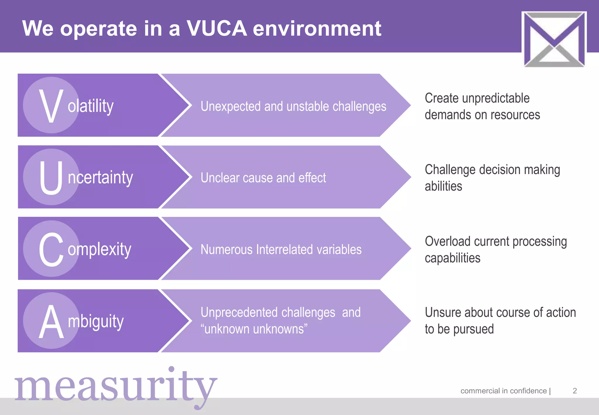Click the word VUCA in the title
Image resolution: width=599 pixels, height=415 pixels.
[217, 29]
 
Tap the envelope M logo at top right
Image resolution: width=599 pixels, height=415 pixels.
[554, 39]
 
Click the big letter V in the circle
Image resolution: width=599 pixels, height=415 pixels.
[51, 106]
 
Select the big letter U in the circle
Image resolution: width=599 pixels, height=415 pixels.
[51, 177]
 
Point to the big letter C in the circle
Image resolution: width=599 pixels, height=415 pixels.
[51, 249]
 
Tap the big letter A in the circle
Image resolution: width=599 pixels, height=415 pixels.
[51, 321]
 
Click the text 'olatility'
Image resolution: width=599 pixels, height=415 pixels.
[91, 106]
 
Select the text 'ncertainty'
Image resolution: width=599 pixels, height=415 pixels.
[100, 178]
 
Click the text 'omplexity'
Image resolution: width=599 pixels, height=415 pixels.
[99, 249]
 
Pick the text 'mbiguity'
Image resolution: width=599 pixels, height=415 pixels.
[96, 321]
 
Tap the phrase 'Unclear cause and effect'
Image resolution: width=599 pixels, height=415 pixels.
[263, 178]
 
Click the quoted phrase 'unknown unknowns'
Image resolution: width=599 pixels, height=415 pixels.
[254, 329]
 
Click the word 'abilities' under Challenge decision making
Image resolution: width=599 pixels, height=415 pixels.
[443, 186]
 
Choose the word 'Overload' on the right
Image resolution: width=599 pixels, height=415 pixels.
[447, 241]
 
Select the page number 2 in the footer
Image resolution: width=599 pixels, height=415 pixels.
[574, 391]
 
